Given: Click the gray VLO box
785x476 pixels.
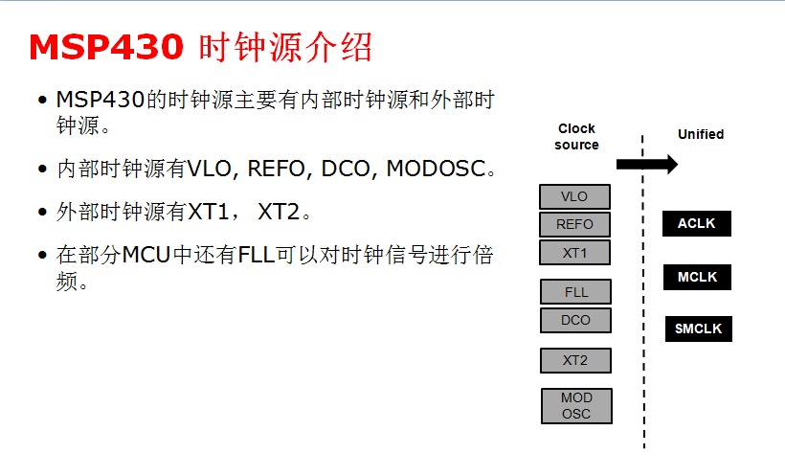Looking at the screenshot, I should coord(574,197).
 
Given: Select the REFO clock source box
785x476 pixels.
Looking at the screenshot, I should coord(574,225).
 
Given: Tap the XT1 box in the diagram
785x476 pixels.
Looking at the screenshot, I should coord(574,253).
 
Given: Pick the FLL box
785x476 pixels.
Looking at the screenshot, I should coord(576,292).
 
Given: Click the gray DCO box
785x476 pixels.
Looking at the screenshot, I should coord(576,320).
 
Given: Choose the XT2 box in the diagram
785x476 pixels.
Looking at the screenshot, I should coord(575,360).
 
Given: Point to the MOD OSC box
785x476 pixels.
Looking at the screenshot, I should coord(576,405).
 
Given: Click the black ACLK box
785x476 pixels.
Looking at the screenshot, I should coord(697,224).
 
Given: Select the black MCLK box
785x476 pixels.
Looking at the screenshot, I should coord(697,278).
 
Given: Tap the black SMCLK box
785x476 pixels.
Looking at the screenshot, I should coord(699,329).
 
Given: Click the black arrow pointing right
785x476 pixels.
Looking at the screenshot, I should coord(646,165).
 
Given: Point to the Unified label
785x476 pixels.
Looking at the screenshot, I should coord(701,134).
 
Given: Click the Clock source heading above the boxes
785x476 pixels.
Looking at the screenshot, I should coord(576,136).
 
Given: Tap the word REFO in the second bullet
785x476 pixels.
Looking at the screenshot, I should coord(279,170).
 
